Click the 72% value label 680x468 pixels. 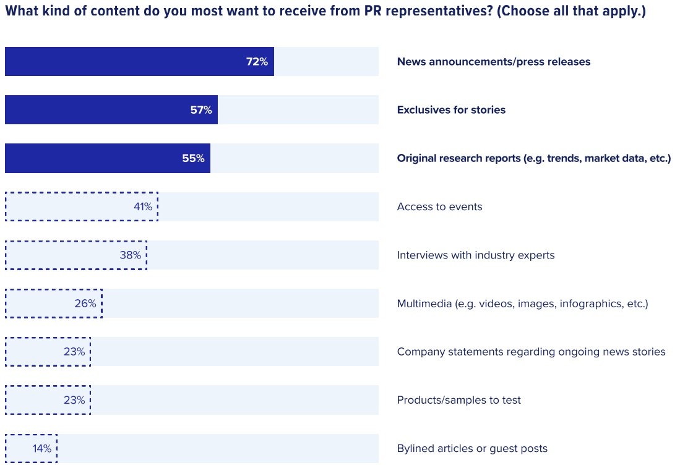(257, 62)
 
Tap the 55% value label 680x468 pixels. (193, 158)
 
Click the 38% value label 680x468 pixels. (131, 255)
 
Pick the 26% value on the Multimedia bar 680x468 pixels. (85, 304)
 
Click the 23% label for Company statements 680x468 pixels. (74, 352)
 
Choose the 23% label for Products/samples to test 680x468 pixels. (74, 400)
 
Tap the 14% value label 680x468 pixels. (42, 449)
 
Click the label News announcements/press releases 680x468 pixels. (493, 62)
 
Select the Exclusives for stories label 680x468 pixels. (451, 110)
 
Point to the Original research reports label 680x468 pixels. (533, 158)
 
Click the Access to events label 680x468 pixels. (439, 206)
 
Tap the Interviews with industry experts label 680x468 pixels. (475, 255)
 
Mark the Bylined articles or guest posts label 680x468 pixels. (471, 449)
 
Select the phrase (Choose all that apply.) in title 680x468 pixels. (571, 12)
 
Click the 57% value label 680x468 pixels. (201, 110)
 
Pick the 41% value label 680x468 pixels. (143, 206)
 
